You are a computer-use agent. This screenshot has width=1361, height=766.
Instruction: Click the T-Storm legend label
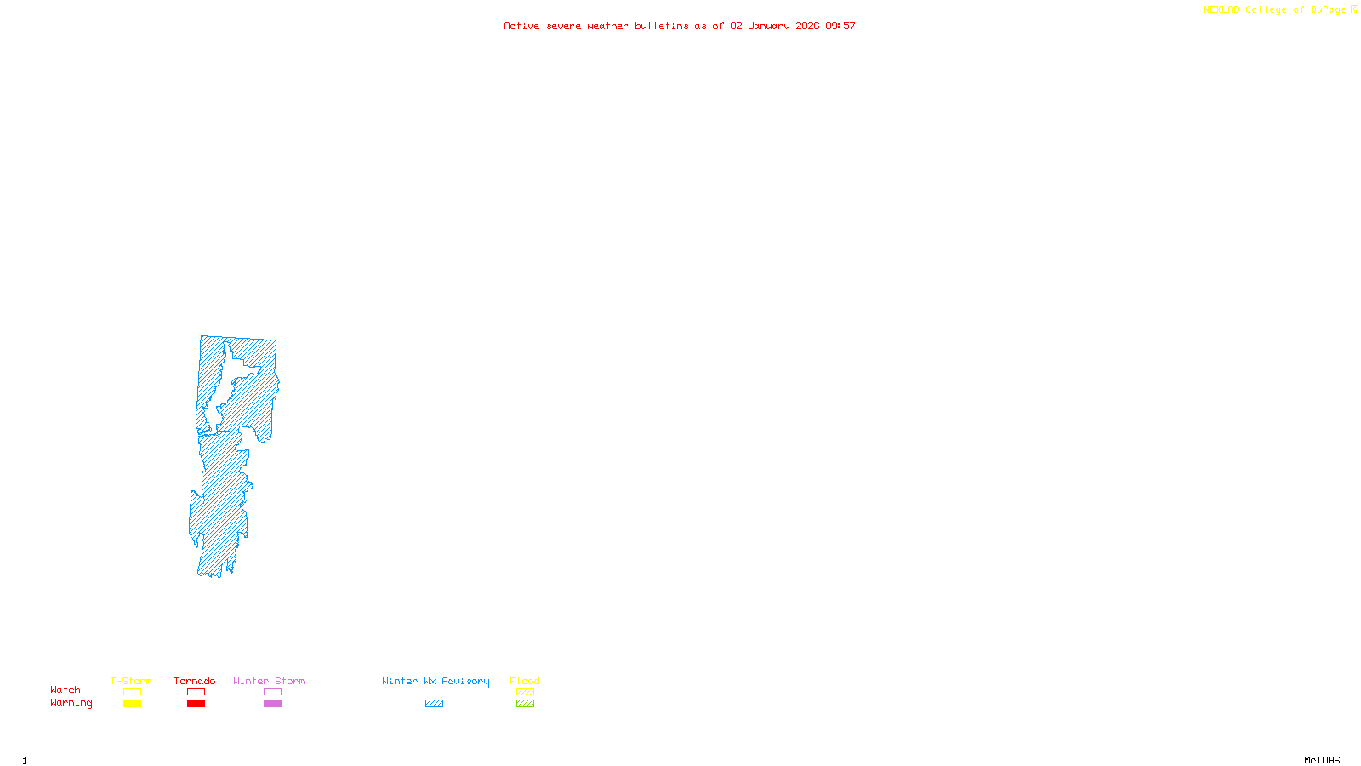point(131,681)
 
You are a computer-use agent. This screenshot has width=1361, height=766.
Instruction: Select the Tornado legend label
point(195,681)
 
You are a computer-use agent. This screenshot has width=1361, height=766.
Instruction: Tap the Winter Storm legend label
point(269,681)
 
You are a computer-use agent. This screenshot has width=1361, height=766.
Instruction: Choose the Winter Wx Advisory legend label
point(436,681)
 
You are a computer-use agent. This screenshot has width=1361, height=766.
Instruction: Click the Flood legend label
point(525,681)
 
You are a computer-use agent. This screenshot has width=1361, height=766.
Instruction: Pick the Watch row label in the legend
point(65,689)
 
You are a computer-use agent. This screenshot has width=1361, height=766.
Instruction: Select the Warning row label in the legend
point(71,703)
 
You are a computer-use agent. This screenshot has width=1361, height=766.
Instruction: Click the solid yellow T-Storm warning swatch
point(132,704)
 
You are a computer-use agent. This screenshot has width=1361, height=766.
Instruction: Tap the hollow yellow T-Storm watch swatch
point(132,692)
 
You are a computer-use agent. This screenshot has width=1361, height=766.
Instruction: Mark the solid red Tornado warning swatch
point(196,704)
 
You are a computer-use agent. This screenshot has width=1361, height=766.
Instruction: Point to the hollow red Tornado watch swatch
point(196,692)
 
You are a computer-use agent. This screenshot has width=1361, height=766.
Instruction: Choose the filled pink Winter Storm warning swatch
point(272,704)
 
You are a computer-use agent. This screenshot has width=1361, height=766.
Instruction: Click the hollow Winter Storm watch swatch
point(272,692)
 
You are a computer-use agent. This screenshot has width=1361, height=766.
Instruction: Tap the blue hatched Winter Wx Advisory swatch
point(434,704)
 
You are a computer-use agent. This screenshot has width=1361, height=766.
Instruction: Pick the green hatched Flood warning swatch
point(525,704)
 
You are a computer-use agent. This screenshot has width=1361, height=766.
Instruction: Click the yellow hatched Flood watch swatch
point(525,692)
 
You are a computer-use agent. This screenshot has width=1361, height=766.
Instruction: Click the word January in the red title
point(769,26)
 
